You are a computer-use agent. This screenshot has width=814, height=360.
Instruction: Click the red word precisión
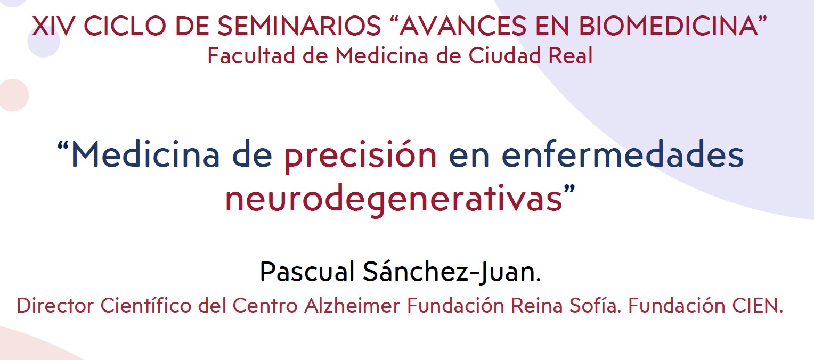361,155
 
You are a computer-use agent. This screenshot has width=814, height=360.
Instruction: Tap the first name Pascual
306,272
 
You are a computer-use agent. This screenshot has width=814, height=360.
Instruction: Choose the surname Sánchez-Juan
451,272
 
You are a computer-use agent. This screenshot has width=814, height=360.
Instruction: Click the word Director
55,306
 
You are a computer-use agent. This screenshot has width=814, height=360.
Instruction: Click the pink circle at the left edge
12,95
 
